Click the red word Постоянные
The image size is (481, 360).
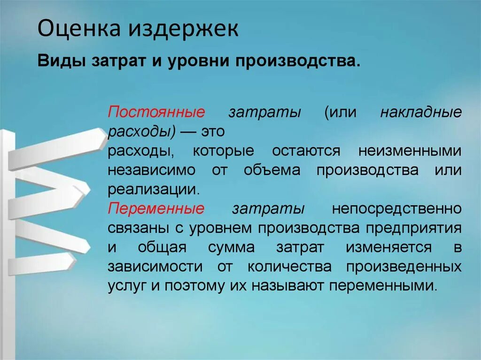click(157, 113)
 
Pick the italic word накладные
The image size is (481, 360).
click(421, 113)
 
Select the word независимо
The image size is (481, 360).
click(151, 170)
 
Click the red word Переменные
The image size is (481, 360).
click(156, 209)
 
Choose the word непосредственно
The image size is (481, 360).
click(396, 209)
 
